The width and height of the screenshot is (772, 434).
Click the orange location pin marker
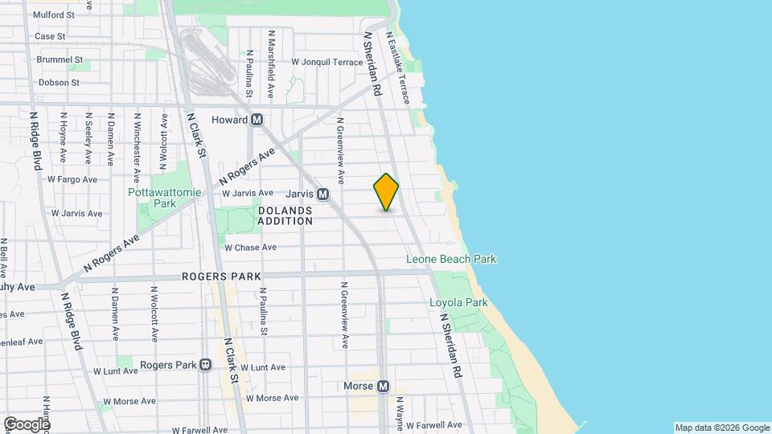(386, 192)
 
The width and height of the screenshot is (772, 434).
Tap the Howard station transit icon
(257, 120)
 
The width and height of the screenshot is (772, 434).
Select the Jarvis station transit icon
(322, 194)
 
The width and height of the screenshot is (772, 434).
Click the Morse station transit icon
(383, 386)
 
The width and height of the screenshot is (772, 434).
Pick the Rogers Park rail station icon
(206, 365)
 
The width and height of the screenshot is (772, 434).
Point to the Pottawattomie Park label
(153, 198)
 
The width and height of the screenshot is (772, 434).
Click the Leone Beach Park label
(451, 259)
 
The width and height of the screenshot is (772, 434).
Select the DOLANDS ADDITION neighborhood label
(285, 215)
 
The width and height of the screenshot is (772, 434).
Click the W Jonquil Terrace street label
(326, 62)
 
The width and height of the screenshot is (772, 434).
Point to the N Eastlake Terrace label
(399, 68)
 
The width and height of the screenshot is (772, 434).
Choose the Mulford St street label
(60, 14)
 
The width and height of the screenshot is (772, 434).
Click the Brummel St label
(60, 59)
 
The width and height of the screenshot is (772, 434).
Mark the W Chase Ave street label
(250, 248)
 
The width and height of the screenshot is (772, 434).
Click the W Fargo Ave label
(72, 179)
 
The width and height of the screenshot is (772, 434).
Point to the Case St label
(50, 36)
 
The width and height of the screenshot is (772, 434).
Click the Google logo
(27, 424)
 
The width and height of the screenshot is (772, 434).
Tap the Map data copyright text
(721, 428)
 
